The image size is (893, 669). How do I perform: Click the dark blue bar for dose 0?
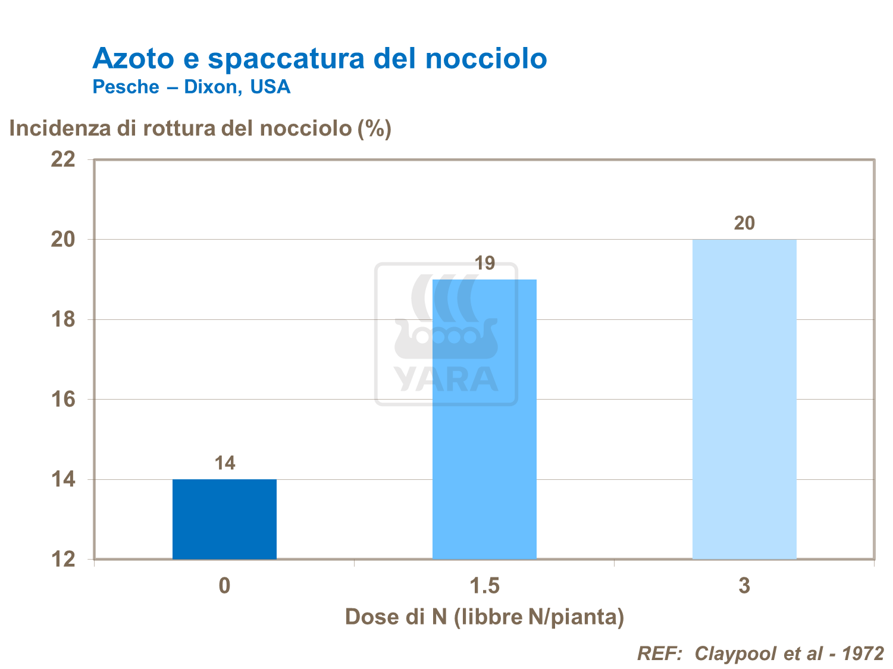[224, 519]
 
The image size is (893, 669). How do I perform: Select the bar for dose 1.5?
[484, 419]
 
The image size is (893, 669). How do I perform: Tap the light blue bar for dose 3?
[744, 398]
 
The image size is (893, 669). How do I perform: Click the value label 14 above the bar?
[225, 463]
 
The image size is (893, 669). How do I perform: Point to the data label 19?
[484, 263]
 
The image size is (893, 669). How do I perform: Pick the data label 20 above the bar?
[744, 223]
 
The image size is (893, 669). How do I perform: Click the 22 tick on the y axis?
[64, 159]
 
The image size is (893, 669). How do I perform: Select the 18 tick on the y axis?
[64, 319]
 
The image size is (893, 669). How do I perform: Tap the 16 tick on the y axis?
[64, 399]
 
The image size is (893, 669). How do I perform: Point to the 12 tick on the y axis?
[64, 559]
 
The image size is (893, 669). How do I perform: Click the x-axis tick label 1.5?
[484, 586]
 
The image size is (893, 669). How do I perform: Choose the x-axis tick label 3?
[744, 586]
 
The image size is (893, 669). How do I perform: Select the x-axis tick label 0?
[224, 586]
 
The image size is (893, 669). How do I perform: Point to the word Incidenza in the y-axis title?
[60, 128]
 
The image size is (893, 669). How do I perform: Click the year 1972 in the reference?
[863, 653]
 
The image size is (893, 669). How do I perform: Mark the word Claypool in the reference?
[736, 653]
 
